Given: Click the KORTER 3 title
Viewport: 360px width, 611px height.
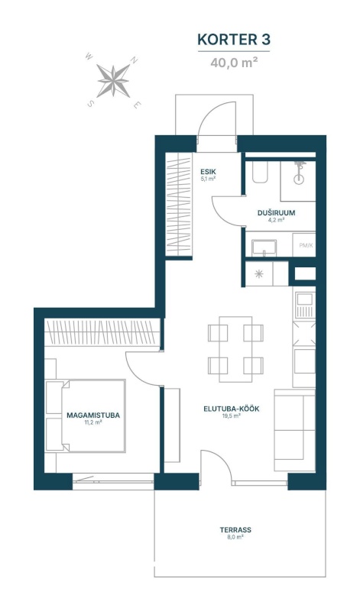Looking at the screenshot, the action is (x=234, y=40).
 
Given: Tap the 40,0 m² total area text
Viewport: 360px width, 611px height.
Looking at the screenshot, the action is (x=234, y=63).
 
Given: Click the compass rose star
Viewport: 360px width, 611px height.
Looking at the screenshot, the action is (x=113, y=81).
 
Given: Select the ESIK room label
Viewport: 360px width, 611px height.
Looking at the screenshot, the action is (x=208, y=171).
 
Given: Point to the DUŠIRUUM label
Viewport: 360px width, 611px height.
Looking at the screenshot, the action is (x=276, y=213).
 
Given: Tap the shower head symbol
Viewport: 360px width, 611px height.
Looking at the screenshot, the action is (x=300, y=173).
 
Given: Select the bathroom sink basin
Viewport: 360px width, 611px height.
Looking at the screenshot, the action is (x=264, y=247).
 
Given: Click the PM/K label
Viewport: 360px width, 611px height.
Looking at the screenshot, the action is (x=306, y=245).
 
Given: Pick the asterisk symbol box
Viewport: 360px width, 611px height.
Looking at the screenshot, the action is (x=259, y=273).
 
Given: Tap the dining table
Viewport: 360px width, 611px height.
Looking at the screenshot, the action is (x=235, y=349).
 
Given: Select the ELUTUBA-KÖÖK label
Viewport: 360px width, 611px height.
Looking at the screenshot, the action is (x=232, y=409).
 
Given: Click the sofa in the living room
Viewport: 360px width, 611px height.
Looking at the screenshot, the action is (x=294, y=430).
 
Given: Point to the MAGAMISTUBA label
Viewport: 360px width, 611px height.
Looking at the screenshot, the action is (x=93, y=415).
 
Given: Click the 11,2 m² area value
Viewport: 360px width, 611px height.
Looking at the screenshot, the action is (x=93, y=422).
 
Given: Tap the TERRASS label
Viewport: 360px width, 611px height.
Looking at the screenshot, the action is (x=235, y=530).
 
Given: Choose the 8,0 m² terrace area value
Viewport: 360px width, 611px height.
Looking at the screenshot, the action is (x=235, y=537).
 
